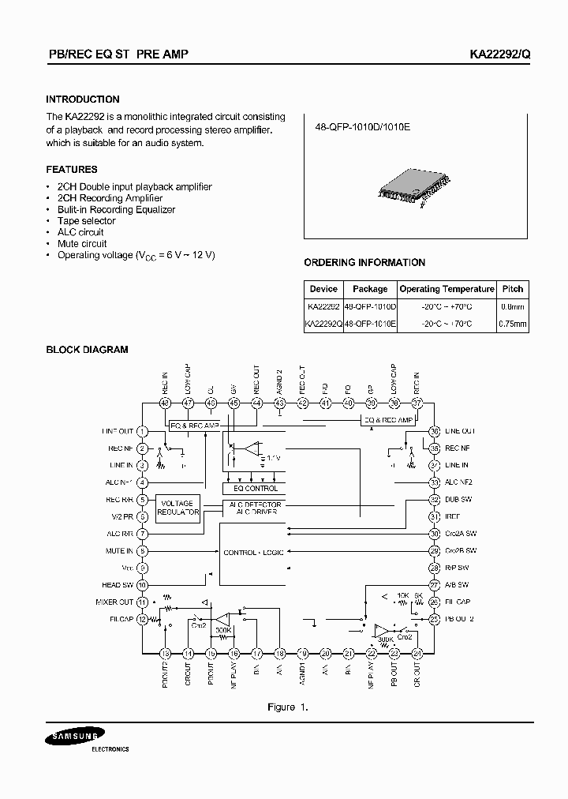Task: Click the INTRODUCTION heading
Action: coord(83,99)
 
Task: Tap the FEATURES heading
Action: coord(72,170)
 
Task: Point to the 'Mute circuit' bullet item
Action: coord(82,244)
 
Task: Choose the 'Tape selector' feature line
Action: coord(86,221)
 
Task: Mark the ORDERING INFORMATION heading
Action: coord(364,263)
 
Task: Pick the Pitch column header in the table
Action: coord(512,289)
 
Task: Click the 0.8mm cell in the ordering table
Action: coord(513,306)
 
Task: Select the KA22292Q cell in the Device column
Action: coord(323,324)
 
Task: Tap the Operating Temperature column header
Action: coord(447,289)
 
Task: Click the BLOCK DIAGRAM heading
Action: coord(87,350)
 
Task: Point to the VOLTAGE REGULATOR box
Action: coord(177,508)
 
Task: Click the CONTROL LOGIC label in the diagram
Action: coord(253,552)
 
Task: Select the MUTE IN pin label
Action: coord(119,551)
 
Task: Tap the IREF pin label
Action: coord(453,517)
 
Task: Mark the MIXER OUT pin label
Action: coord(115,602)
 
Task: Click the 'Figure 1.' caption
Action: coord(287,707)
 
